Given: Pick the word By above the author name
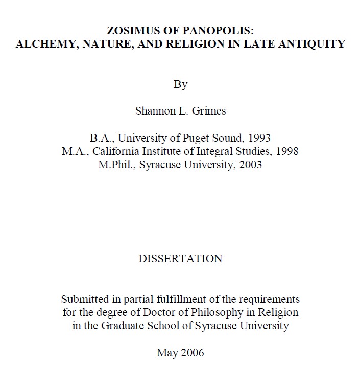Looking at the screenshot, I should click(180, 85).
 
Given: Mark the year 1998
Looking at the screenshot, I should click(286, 151).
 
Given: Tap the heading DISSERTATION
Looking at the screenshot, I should click(180, 259).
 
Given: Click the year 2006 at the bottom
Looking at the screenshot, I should click(191, 352).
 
